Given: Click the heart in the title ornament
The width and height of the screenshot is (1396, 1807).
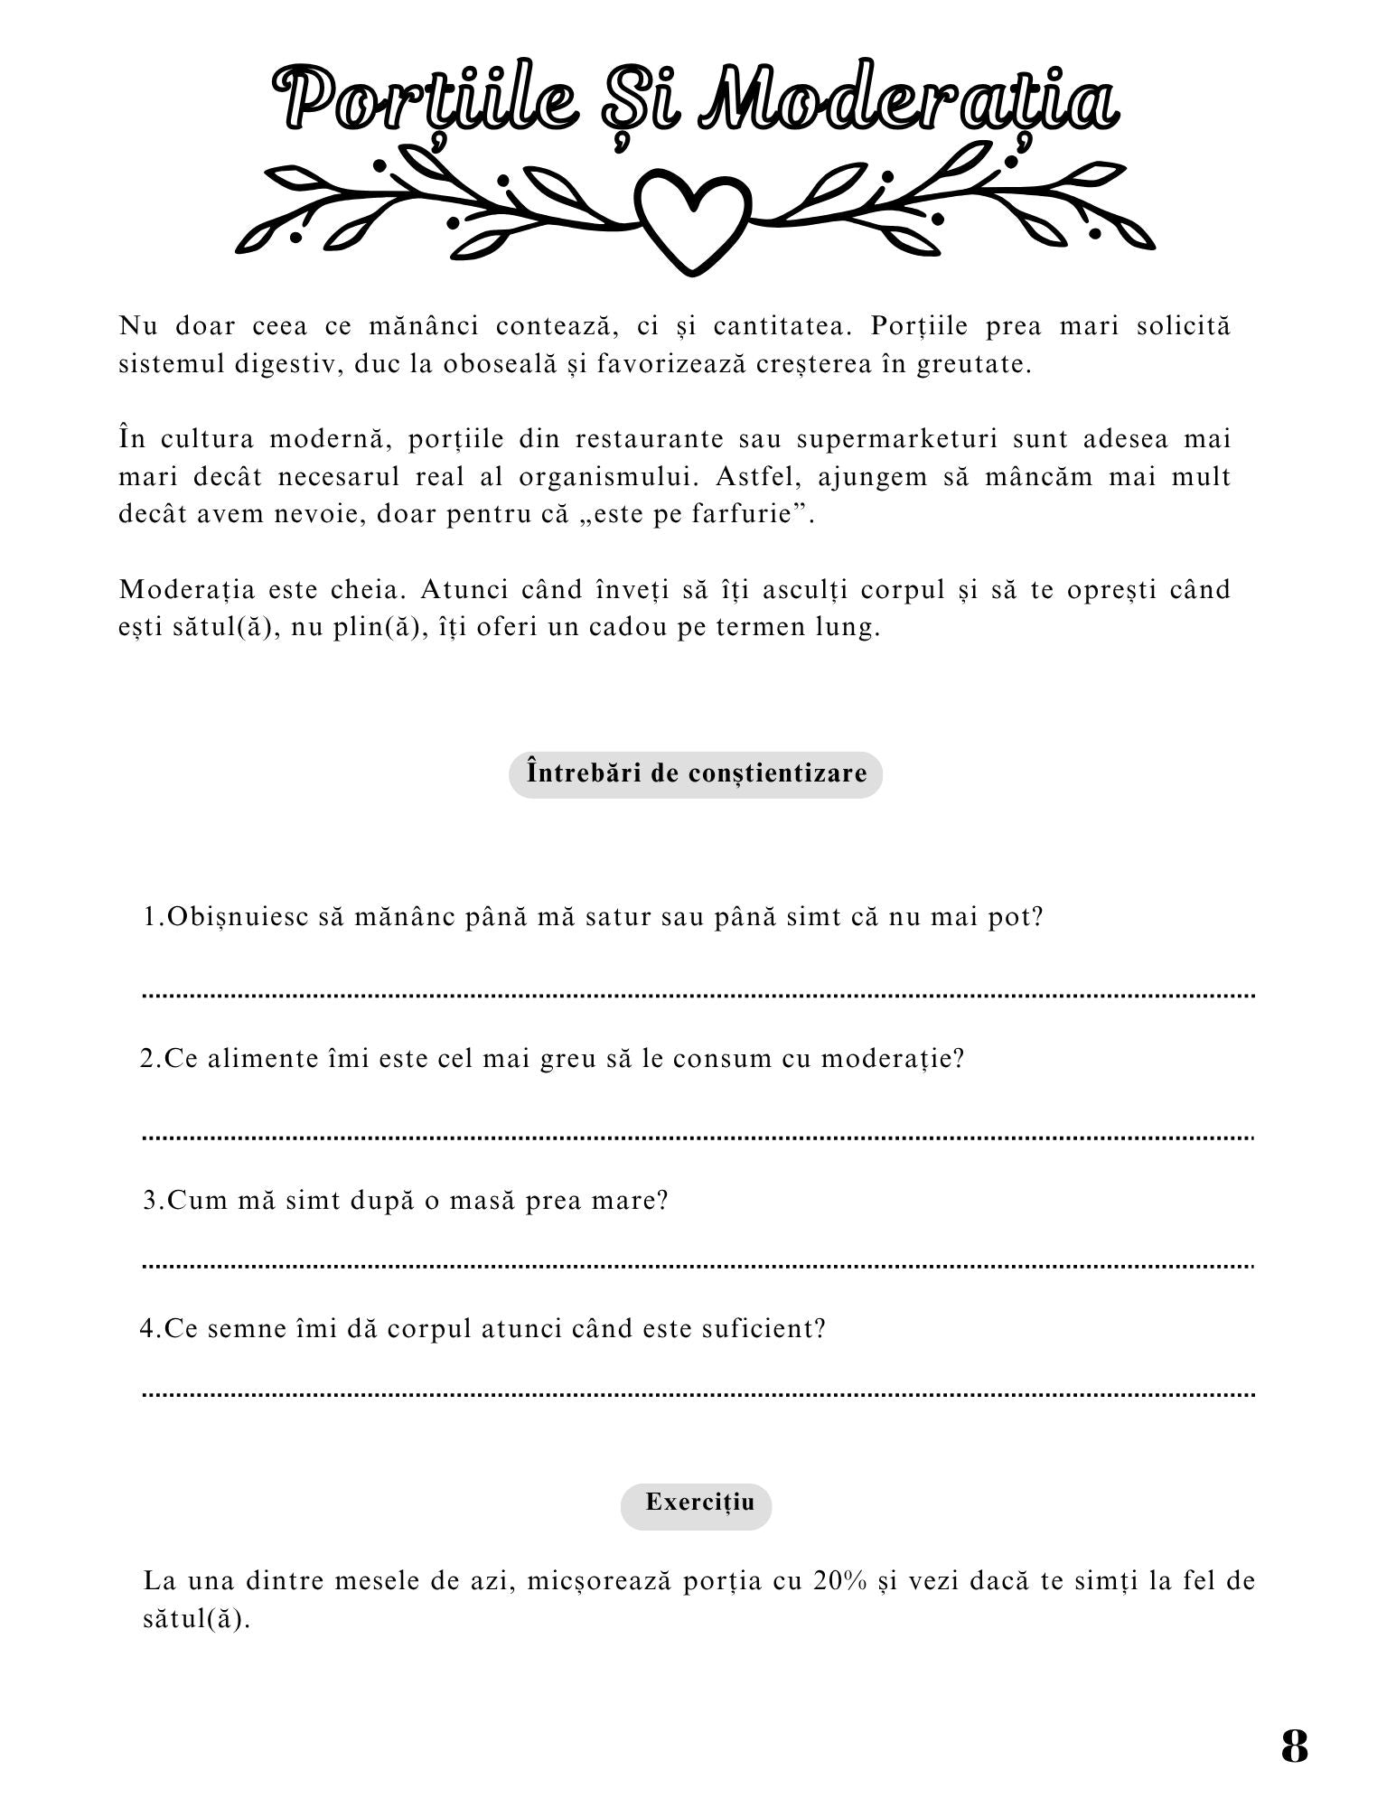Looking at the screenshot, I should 693,222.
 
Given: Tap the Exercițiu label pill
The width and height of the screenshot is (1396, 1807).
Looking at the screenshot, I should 696,1503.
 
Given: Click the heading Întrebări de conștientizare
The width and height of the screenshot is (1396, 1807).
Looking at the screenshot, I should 696,773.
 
